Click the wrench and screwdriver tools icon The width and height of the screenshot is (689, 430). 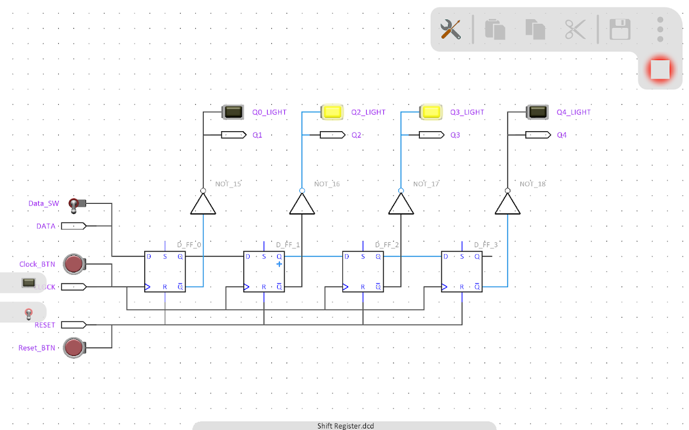pyautogui.click(x=451, y=29)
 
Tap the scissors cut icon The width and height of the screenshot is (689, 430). pyautogui.click(x=574, y=29)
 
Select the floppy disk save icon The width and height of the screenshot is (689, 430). pyautogui.click(x=620, y=29)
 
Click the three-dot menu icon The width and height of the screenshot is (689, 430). pyautogui.click(x=660, y=29)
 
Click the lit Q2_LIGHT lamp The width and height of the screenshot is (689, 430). pyautogui.click(x=332, y=112)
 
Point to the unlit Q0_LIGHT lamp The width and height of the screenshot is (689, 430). pyautogui.click(x=233, y=112)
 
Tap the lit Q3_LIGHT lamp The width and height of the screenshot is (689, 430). pyautogui.click(x=431, y=112)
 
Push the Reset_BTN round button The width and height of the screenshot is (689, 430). pyautogui.click(x=74, y=348)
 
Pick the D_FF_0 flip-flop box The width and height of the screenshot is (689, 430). pyautogui.click(x=165, y=271)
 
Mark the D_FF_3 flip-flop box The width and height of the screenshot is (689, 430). pyautogui.click(x=462, y=271)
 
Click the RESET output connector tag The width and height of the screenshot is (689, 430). pyautogui.click(x=73, y=325)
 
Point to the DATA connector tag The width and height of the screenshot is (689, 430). pyautogui.click(x=73, y=226)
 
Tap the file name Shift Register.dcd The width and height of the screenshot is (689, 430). pyautogui.click(x=345, y=426)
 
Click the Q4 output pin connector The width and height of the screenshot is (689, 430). pyautogui.click(x=538, y=135)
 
